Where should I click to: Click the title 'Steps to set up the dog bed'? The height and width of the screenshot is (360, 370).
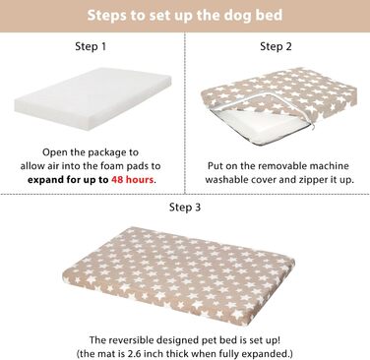(x=185, y=16)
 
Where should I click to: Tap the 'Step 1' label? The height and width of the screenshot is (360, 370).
(x=91, y=46)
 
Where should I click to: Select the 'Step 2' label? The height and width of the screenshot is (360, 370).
(x=276, y=46)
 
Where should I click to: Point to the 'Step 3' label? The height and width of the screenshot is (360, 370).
(x=185, y=207)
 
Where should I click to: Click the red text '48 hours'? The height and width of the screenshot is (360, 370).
(x=133, y=180)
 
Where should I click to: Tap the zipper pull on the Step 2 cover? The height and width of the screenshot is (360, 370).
(x=313, y=126)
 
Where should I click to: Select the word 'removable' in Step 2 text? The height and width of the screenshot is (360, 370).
(x=281, y=165)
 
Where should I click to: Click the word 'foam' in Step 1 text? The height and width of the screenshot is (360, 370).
(x=111, y=166)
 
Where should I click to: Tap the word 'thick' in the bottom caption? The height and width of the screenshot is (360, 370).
(x=176, y=354)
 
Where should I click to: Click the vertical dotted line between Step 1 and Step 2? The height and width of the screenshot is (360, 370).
(x=185, y=113)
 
